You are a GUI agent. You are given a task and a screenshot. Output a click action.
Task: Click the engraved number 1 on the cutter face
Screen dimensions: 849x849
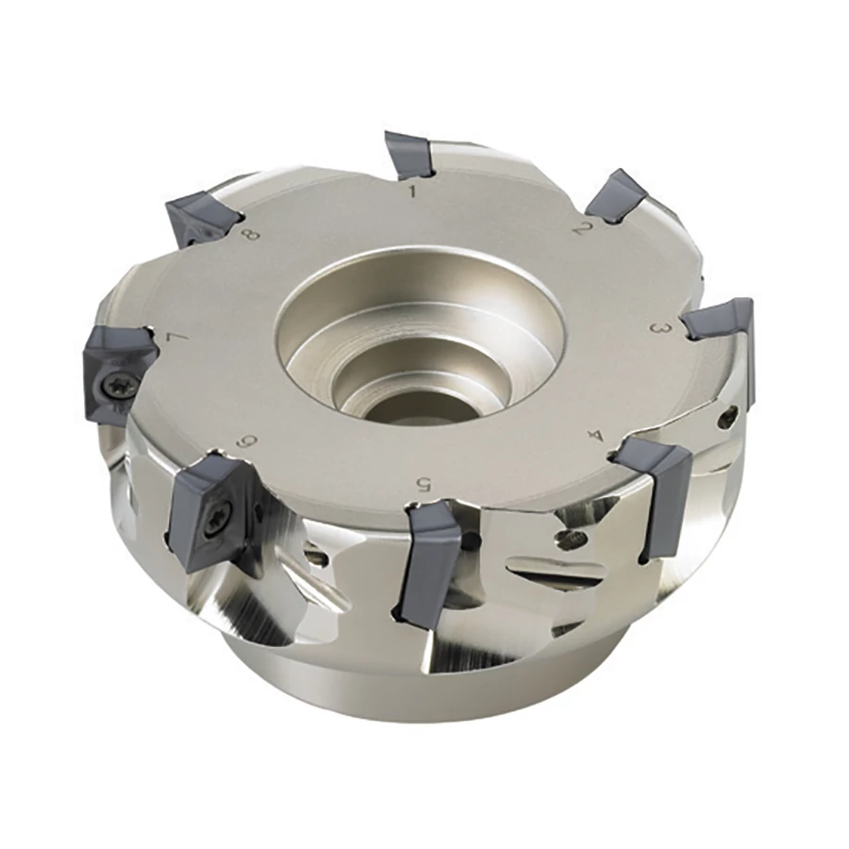point(413,191)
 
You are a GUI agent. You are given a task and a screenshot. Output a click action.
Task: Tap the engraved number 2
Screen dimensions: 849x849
point(581,229)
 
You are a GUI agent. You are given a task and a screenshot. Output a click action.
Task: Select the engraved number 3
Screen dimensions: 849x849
point(660,328)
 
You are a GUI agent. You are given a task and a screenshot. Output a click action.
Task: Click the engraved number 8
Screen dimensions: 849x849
point(252,235)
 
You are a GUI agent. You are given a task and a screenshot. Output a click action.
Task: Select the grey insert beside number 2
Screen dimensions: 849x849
point(616,197)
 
